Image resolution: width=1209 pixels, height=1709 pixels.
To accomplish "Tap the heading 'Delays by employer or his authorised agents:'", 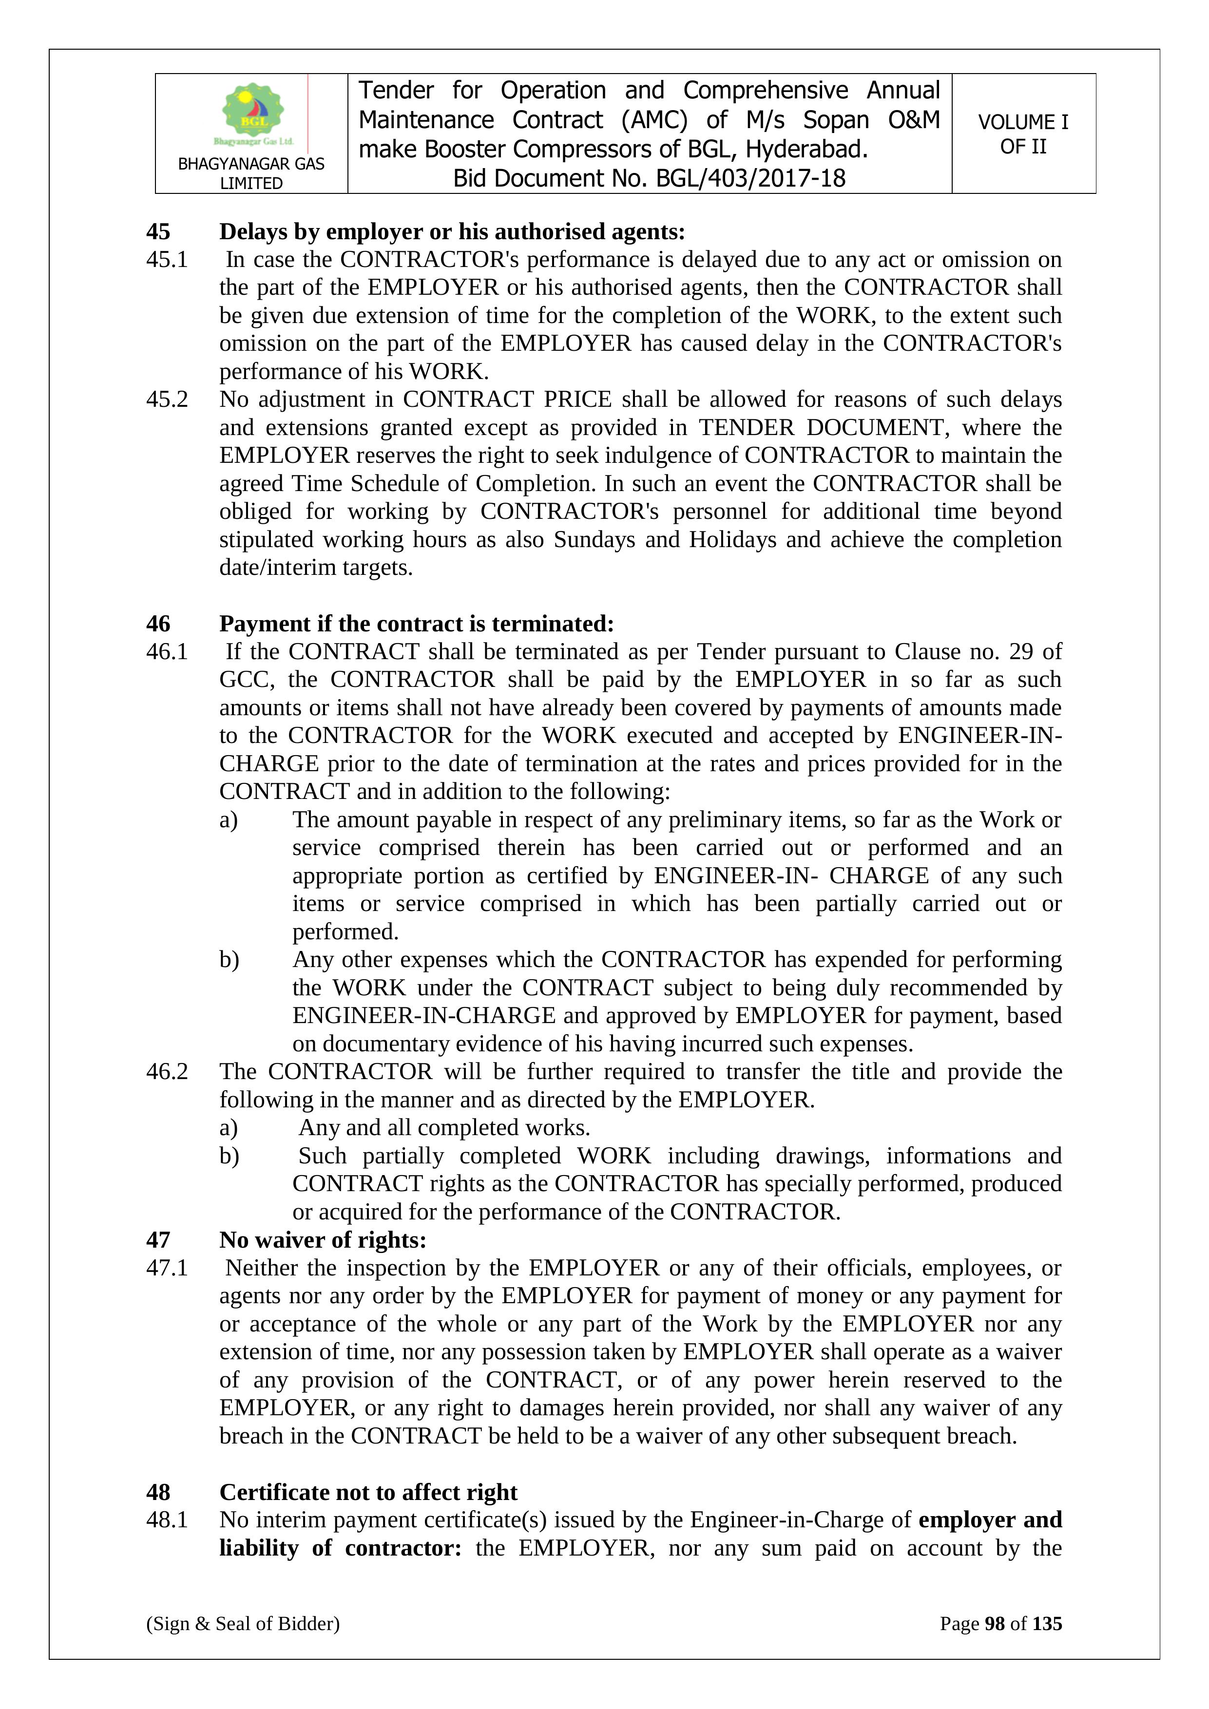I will click(452, 232).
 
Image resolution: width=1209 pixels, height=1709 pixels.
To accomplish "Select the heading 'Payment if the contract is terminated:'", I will click(416, 624).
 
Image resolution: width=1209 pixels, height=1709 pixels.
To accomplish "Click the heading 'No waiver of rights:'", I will click(322, 1240).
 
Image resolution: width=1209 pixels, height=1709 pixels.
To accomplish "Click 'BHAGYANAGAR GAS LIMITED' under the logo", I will click(251, 173).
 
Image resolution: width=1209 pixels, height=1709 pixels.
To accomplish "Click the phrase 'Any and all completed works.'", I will click(444, 1128).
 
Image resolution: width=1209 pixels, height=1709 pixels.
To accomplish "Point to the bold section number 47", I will click(158, 1240).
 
